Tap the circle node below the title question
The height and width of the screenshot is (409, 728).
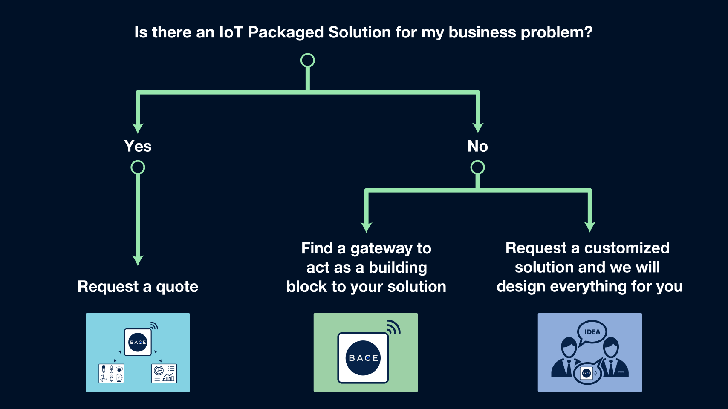[308, 60]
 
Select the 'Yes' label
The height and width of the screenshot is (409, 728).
[138, 146]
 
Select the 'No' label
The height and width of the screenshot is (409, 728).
[477, 146]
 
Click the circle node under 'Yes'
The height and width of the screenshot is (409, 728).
[138, 167]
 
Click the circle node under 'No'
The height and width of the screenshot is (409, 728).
[477, 167]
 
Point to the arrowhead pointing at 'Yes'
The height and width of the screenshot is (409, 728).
[138, 128]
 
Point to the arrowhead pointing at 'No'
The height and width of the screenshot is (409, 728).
[478, 128]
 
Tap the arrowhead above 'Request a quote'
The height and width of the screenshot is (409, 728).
[138, 260]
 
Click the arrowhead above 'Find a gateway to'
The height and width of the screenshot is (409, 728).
[367, 227]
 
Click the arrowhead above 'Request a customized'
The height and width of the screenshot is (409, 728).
[590, 227]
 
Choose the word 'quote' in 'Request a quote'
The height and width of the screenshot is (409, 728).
[177, 287]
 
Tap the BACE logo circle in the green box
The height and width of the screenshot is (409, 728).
[363, 358]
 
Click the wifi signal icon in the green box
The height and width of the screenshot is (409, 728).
[393, 327]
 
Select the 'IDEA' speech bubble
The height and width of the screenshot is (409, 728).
[592, 332]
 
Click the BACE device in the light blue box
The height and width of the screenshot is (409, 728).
[138, 342]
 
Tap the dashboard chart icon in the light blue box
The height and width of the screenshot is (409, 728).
[164, 374]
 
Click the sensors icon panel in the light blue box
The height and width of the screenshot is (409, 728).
[112, 374]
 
